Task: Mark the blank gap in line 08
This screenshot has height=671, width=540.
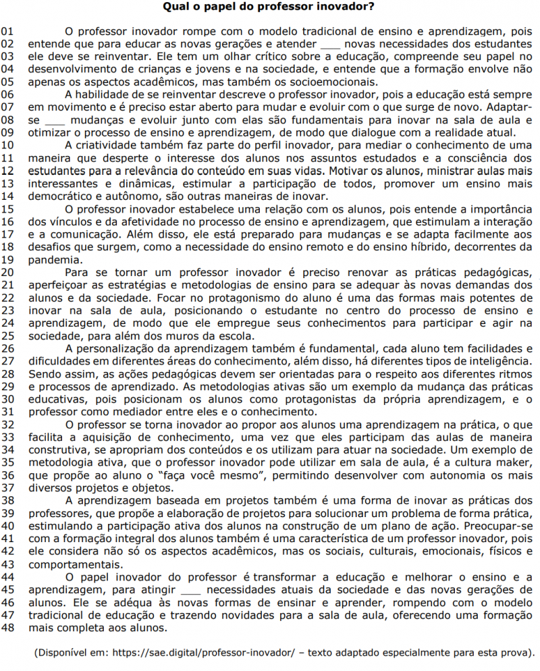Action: coord(55,120)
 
